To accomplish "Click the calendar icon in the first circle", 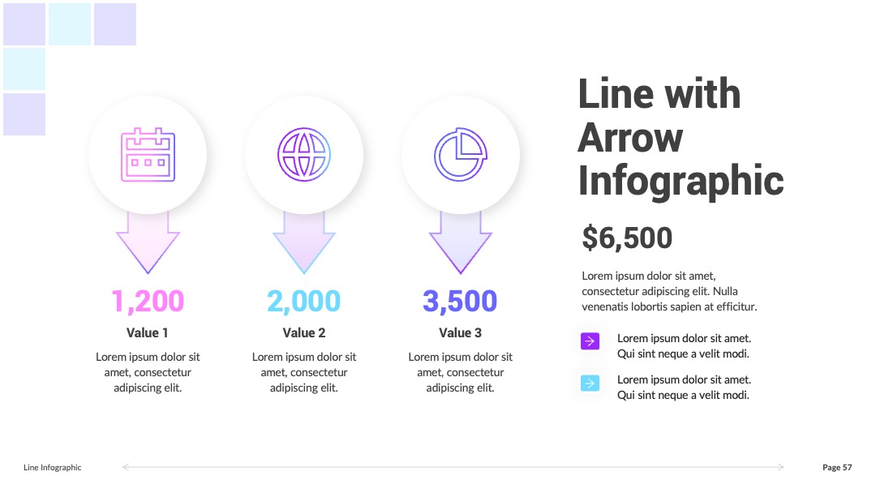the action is (x=148, y=155).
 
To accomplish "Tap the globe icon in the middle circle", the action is (x=304, y=155).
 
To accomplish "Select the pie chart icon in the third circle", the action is (x=461, y=155).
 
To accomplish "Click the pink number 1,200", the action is (x=148, y=302).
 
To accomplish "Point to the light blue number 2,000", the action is (x=304, y=302).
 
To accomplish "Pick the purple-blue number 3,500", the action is (x=460, y=302).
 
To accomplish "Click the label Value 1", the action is (x=148, y=332).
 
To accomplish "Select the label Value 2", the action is (x=304, y=332).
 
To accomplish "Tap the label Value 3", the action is (x=461, y=332).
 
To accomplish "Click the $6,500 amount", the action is (x=627, y=238).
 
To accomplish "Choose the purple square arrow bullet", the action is (x=590, y=341).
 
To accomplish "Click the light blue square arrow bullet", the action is (x=590, y=383).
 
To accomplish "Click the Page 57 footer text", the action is (x=837, y=467).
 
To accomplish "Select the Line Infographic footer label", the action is (x=53, y=467).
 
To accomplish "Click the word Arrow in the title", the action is (x=630, y=137).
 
